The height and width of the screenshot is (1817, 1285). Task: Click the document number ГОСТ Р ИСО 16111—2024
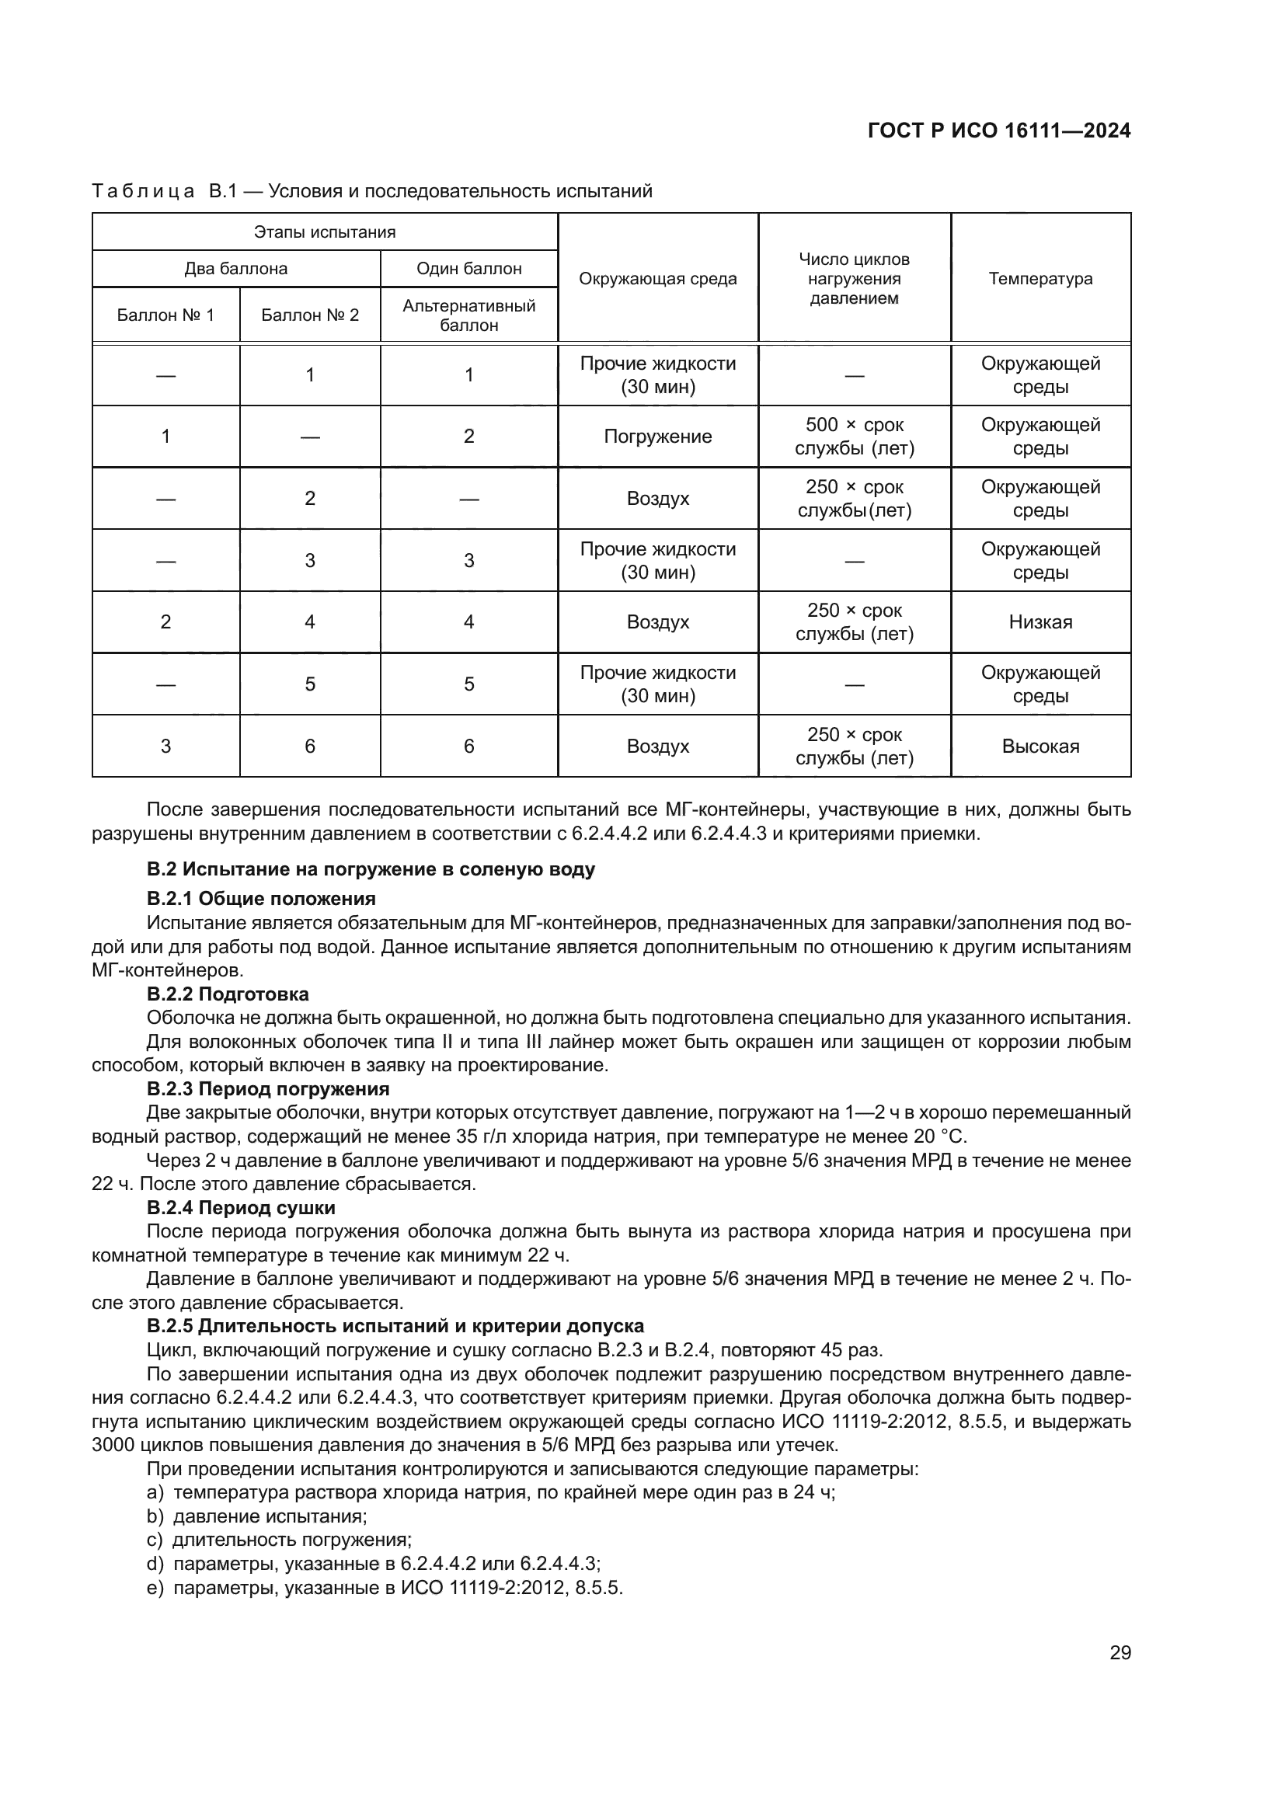pyautogui.click(x=998, y=131)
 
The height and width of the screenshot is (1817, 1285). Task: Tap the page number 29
pyautogui.click(x=1120, y=1653)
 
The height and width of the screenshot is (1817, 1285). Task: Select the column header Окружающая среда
pyautogui.click(x=657, y=279)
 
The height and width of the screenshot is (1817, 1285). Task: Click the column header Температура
pyautogui.click(x=1039, y=279)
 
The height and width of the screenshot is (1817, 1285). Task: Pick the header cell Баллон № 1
pyautogui.click(x=165, y=315)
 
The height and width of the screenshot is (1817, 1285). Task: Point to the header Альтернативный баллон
pyautogui.click(x=468, y=315)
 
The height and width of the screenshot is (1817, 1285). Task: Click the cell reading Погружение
pyautogui.click(x=657, y=437)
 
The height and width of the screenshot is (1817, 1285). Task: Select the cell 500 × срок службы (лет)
pyautogui.click(x=854, y=437)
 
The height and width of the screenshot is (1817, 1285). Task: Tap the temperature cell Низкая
pyautogui.click(x=1039, y=622)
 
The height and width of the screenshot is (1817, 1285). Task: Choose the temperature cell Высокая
pyautogui.click(x=1039, y=747)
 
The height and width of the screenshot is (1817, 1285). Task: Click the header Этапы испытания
pyautogui.click(x=325, y=231)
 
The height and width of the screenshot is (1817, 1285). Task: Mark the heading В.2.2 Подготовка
pyautogui.click(x=227, y=994)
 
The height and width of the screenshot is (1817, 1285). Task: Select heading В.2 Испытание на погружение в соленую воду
pyautogui.click(x=371, y=870)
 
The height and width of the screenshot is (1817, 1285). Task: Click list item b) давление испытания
pyautogui.click(x=257, y=1516)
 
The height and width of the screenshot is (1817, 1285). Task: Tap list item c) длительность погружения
pyautogui.click(x=280, y=1540)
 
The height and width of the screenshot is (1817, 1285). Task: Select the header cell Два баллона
pyautogui.click(x=236, y=269)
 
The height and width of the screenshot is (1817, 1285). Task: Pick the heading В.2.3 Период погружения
pyautogui.click(x=267, y=1089)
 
